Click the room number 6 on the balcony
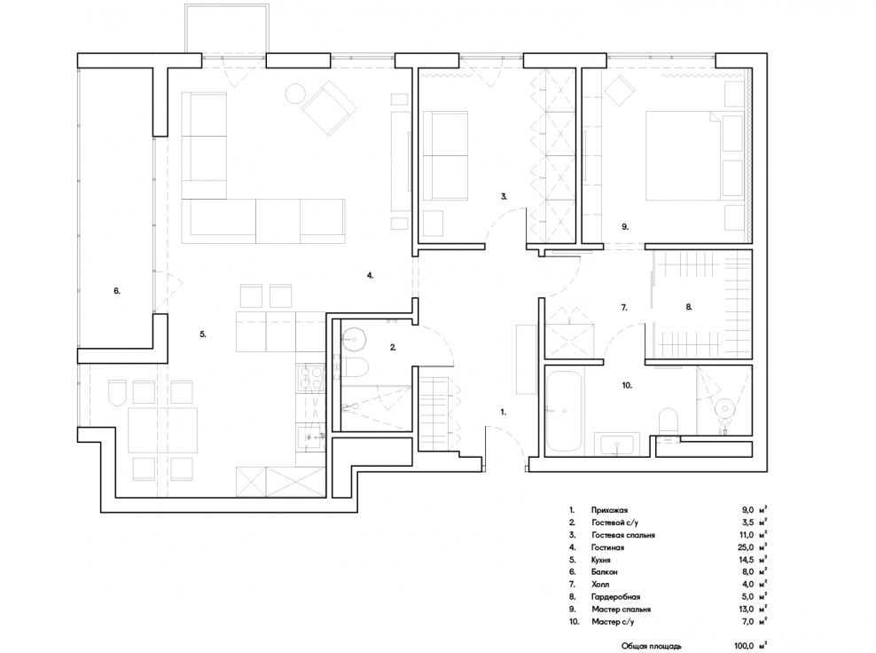coord(117,291)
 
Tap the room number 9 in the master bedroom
coord(625,226)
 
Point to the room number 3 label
coord(504,196)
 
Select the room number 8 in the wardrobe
coord(689,306)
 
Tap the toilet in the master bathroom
coord(669,421)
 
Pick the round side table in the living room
coord(295,93)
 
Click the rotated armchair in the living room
coord(329,107)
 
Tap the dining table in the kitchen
coord(162,430)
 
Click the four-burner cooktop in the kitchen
coord(310,377)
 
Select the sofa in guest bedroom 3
coord(445,155)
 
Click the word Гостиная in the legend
coord(608,547)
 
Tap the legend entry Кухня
coord(601,560)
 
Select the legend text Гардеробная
coord(615,596)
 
